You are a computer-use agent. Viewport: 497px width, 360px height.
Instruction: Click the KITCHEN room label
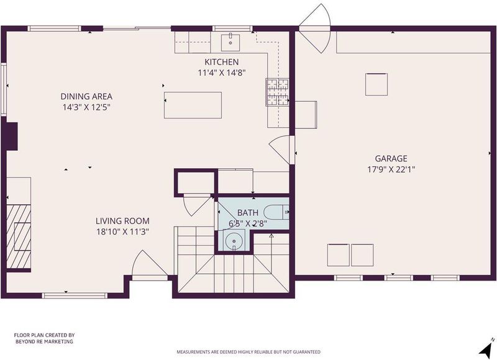click(x=221, y=61)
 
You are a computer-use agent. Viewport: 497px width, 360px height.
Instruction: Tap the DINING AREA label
click(x=86, y=96)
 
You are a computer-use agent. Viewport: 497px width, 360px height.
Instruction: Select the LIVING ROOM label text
click(x=122, y=221)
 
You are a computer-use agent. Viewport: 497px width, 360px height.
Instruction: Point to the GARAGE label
click(x=391, y=158)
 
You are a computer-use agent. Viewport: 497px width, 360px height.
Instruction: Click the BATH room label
click(x=248, y=212)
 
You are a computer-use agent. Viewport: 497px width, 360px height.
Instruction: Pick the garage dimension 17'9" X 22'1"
click(x=391, y=169)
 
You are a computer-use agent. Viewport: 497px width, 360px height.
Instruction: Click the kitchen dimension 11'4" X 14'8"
click(x=222, y=73)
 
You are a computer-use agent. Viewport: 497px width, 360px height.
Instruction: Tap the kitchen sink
click(x=230, y=42)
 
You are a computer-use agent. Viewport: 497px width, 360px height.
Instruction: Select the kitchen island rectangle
click(x=193, y=105)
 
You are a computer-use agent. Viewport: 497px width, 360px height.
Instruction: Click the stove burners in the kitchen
click(x=277, y=92)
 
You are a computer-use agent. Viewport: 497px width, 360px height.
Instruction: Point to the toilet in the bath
click(x=276, y=212)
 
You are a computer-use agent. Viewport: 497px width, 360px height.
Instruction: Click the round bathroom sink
click(x=234, y=241)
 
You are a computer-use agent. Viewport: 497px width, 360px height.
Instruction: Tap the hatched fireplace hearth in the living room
click(x=19, y=236)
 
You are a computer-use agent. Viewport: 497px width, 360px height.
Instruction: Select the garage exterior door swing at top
click(x=315, y=28)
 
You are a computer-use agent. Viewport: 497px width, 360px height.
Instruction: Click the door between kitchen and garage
click(x=281, y=150)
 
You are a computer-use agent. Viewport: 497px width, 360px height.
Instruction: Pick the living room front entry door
click(x=150, y=265)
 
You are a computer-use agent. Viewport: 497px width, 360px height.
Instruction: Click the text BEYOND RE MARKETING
click(x=44, y=341)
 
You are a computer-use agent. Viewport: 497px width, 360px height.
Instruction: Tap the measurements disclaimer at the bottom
click(x=248, y=352)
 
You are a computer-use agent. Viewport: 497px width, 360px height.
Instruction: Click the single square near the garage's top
click(x=376, y=84)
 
